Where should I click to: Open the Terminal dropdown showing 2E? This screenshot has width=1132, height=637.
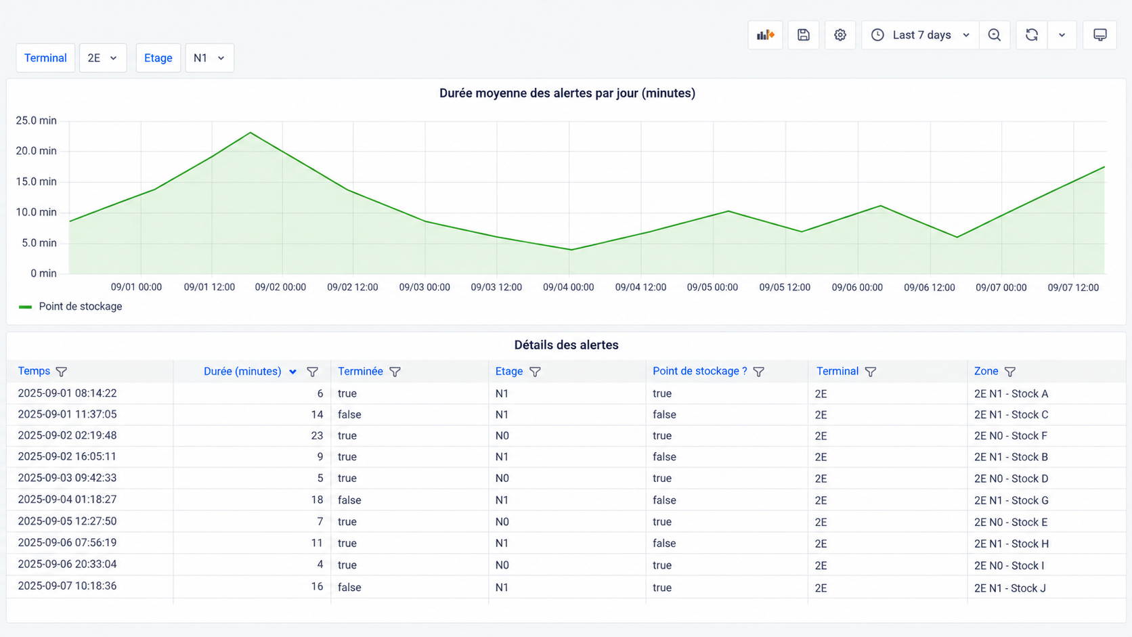pyautogui.click(x=103, y=58)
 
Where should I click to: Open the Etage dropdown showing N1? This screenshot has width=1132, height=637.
pyautogui.click(x=209, y=58)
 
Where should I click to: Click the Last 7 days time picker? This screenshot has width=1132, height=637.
pyautogui.click(x=920, y=35)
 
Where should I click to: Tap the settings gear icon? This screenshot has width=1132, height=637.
pyautogui.click(x=840, y=35)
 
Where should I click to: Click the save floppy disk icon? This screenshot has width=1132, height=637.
pyautogui.click(x=804, y=35)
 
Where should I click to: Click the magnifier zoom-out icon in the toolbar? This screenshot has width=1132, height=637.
pyautogui.click(x=995, y=35)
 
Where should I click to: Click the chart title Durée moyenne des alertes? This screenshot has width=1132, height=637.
pyautogui.click(x=567, y=93)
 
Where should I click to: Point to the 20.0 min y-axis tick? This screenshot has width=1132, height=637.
pyautogui.click(x=37, y=151)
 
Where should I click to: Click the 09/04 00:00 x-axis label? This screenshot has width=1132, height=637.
pyautogui.click(x=569, y=288)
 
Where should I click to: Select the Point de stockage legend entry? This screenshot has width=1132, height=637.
pyautogui.click(x=70, y=307)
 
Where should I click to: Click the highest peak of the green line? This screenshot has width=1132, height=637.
pyautogui.click(x=250, y=133)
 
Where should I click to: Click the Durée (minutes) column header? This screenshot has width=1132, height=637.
pyautogui.click(x=242, y=371)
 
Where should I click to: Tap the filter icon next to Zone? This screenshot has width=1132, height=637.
pyautogui.click(x=1009, y=372)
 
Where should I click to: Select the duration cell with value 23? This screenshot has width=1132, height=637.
pyautogui.click(x=317, y=435)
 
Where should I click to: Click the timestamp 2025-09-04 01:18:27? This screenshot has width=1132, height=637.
pyautogui.click(x=67, y=500)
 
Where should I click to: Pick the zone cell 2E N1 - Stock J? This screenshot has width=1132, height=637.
pyautogui.click(x=1010, y=588)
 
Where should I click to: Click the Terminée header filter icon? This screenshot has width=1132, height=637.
pyautogui.click(x=395, y=372)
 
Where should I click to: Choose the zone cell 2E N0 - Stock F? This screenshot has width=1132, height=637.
pyautogui.click(x=1011, y=436)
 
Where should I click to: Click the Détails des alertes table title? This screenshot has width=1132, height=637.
pyautogui.click(x=567, y=345)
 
